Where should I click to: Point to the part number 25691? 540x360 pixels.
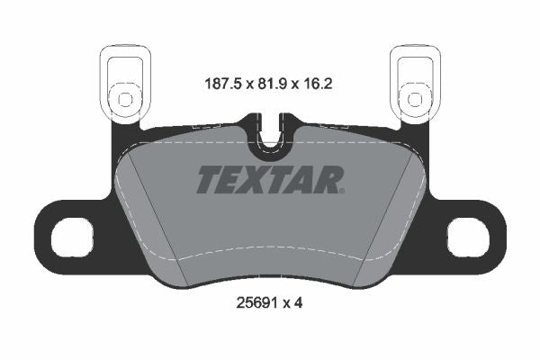click(x=254, y=303)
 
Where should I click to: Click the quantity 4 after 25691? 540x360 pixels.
click(x=298, y=303)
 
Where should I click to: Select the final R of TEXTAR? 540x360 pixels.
click(x=331, y=180)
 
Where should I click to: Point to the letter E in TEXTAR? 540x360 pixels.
click(x=233, y=180)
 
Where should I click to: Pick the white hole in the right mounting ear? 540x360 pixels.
click(x=467, y=238)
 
